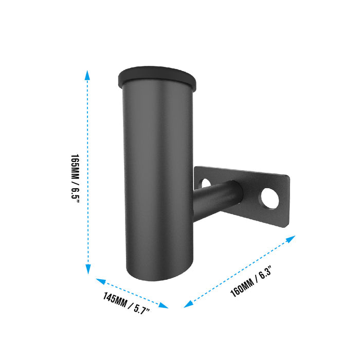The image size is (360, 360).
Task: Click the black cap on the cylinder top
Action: [x=157, y=78]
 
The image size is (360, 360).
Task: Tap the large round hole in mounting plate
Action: [x=270, y=199]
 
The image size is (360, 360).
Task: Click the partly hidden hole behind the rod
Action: [x=205, y=183]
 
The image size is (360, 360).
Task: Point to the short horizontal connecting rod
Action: [x=217, y=200]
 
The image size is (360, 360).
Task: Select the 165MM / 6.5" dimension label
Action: [x=75, y=178]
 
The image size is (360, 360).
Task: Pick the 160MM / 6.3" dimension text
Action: [x=251, y=281]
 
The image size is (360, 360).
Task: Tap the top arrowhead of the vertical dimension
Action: [x=87, y=75]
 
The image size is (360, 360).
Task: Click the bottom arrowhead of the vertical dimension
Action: [x=88, y=269]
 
